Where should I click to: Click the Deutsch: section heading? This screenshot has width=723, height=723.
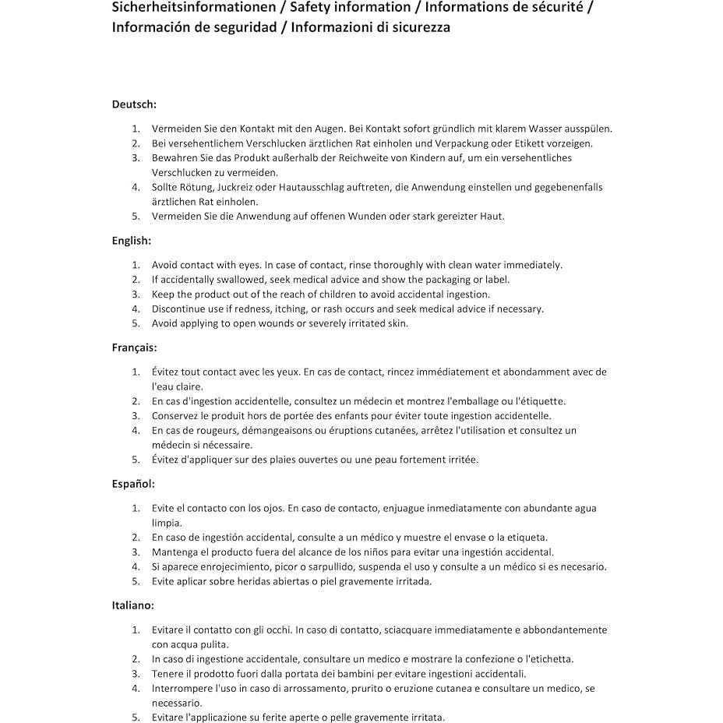point(134,104)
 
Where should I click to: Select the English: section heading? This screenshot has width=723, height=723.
point(132,241)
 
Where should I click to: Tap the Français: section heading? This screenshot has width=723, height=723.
point(134,347)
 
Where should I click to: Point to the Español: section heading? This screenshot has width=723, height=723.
point(133,484)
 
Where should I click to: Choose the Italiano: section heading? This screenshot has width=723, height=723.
point(132,605)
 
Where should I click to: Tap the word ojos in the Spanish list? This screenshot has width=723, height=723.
point(271,508)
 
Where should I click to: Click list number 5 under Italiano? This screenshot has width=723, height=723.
point(136,718)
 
